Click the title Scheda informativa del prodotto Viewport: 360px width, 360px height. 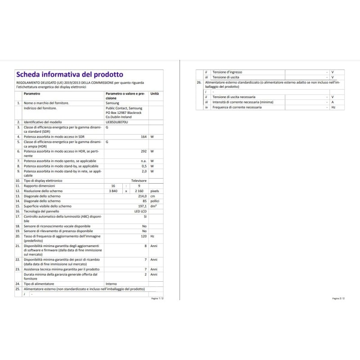pos(69,74)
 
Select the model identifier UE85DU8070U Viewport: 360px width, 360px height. pos(117,122)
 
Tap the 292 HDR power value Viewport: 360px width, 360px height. pos(144,151)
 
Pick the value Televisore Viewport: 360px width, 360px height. pos(139,180)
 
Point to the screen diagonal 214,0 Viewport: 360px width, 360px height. pos(142,196)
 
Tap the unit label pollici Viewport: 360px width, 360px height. pos(155,201)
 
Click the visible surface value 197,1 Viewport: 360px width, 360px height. pos(143,206)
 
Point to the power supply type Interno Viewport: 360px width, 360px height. pos(111,284)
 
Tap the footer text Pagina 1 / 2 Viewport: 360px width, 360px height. pos(157,298)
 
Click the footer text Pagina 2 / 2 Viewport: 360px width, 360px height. pos(338,298)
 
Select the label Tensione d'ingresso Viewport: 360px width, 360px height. pos(227,72)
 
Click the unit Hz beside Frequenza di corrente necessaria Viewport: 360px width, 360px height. pos(333,107)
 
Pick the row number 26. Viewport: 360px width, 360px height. pos(199,83)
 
